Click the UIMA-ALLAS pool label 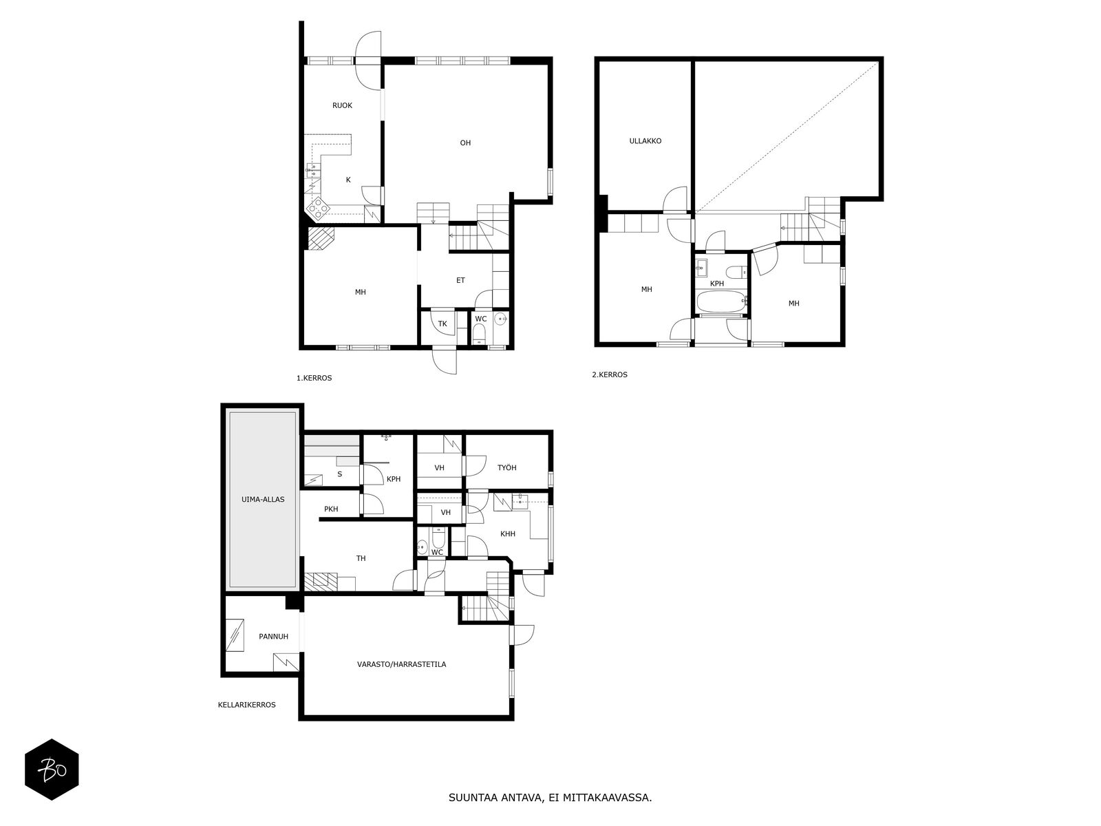263,500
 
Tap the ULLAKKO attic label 645,141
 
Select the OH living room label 465,143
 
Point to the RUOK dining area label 342,105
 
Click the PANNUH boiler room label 273,637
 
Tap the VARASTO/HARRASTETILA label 401,664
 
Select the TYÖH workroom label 506,467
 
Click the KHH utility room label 508,533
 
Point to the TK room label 442,324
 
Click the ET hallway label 460,280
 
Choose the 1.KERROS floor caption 314,378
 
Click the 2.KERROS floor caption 610,374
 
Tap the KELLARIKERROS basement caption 247,705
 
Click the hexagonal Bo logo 52,770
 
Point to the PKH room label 331,509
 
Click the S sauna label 339,474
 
